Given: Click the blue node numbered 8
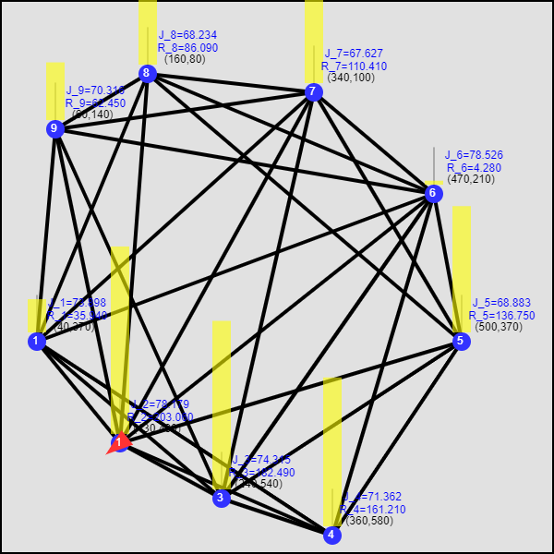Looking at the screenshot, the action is click(x=148, y=74).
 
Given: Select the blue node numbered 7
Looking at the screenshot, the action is click(x=314, y=92).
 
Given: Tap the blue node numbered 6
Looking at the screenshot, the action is click(x=434, y=194).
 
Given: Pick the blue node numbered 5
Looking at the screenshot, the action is click(x=462, y=342).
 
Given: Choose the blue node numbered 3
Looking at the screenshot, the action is click(x=222, y=499).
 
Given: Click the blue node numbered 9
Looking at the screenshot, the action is click(x=55, y=129).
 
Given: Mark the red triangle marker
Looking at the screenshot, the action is click(x=119, y=444).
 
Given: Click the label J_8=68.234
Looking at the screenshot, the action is click(x=187, y=35).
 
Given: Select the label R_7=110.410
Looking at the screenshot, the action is click(x=354, y=66).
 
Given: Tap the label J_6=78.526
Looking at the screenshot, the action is click(x=474, y=155).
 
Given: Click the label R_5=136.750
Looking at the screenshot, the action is click(x=503, y=316).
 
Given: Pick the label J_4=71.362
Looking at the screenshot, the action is click(x=372, y=497).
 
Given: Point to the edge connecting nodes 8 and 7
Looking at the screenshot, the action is click(x=231, y=83).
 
